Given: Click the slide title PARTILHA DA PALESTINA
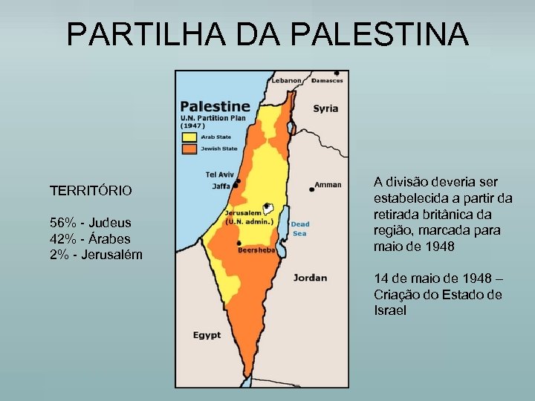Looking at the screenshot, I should tap(267, 34).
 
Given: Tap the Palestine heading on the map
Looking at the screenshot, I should tap(215, 106).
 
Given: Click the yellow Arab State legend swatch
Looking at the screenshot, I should tap(189, 137).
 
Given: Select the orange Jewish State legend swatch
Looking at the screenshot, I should tap(189, 149).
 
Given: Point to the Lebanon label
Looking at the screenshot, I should tap(287, 80).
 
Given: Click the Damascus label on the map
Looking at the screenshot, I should tap(327, 80).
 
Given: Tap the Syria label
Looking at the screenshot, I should tap(325, 108).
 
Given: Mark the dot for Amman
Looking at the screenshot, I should tap(312, 189).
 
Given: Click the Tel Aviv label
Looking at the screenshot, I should tap(219, 175).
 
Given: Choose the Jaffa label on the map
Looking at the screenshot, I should tap(221, 186).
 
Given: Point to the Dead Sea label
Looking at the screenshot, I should tap(299, 228).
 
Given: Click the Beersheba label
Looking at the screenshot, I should tap(257, 251).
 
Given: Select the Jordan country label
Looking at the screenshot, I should tap(310, 278).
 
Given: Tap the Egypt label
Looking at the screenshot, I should tap(207, 336).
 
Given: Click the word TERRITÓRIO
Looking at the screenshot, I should tap(91, 191).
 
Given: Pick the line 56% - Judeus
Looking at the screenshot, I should tap(90, 223).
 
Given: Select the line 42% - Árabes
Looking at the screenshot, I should tap(89, 238).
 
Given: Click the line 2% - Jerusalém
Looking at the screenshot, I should tap(96, 255).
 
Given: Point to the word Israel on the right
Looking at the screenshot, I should tap(390, 310).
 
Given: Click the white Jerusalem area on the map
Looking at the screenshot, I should tap(268, 210).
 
